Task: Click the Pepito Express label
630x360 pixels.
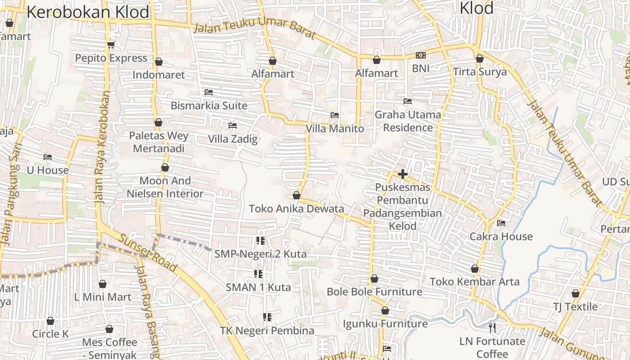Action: pyautogui.click(x=111, y=58)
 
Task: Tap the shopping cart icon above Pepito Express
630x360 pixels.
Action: pyautogui.click(x=111, y=45)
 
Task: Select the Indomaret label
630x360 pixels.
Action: pyautogui.click(x=158, y=75)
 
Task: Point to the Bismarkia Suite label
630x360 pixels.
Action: pyautogui.click(x=209, y=106)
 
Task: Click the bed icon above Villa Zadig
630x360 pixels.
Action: pyautogui.click(x=233, y=126)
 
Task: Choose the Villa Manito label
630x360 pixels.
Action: pyautogui.click(x=335, y=129)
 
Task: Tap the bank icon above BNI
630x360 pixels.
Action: pyautogui.click(x=421, y=55)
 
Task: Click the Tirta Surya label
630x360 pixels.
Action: pyautogui.click(x=480, y=72)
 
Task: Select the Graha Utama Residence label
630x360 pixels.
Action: pyautogui.click(x=408, y=121)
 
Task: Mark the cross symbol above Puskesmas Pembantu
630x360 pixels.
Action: pyautogui.click(x=403, y=174)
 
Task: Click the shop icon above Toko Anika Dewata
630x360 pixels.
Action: pyautogui.click(x=296, y=195)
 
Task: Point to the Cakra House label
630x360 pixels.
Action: pyautogui.click(x=501, y=237)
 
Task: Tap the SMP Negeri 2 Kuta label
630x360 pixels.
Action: pyautogui.click(x=261, y=254)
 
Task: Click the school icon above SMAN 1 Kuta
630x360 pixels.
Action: pyautogui.click(x=258, y=274)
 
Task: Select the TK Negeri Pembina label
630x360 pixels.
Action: pyautogui.click(x=267, y=331)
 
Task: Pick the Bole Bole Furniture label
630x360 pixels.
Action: pyautogui.click(x=374, y=292)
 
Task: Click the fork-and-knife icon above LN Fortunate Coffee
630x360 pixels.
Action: pyautogui.click(x=492, y=328)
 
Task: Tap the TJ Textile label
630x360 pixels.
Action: pyautogui.click(x=575, y=307)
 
